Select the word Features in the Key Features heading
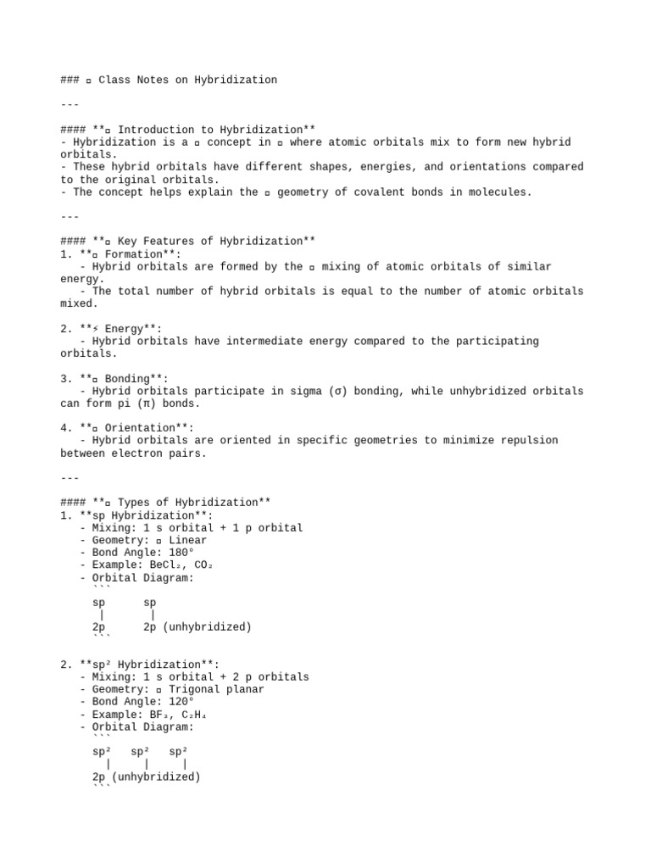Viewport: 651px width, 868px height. (x=178, y=242)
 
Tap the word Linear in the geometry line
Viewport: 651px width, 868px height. (x=187, y=540)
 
